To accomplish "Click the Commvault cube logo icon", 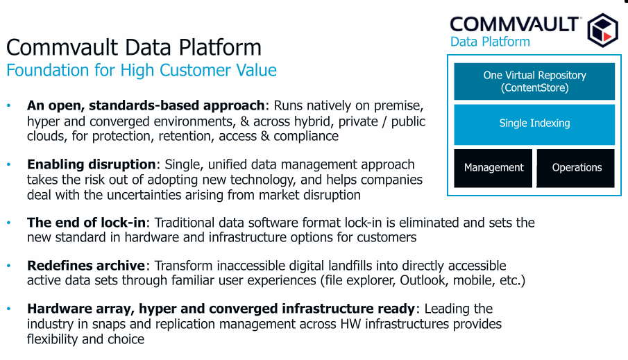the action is [603, 30].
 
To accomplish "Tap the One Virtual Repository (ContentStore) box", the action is [534, 81].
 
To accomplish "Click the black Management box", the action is [493, 168].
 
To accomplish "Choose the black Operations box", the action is [575, 168].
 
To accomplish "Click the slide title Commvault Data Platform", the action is [134, 47].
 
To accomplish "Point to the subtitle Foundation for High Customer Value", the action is [142, 70].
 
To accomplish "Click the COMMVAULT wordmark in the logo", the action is [514, 24].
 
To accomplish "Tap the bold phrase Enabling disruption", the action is [92, 164].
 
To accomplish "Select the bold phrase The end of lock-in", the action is [86, 222].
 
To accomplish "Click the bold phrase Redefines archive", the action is [86, 266].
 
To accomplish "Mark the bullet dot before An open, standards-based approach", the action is [9, 105].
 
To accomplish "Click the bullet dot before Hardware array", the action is [9, 309].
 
